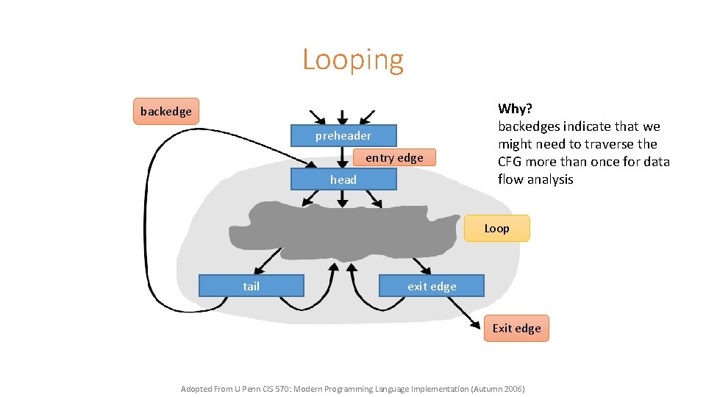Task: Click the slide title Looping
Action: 352,60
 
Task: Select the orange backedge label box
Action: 165,111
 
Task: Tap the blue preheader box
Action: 343,136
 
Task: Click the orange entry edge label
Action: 393,157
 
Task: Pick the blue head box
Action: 343,179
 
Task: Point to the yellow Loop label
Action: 496,229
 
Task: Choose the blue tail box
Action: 251,286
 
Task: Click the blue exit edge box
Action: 432,286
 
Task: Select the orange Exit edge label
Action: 516,328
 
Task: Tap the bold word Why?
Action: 515,109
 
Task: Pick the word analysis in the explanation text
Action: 546,179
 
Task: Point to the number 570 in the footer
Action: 302,388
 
